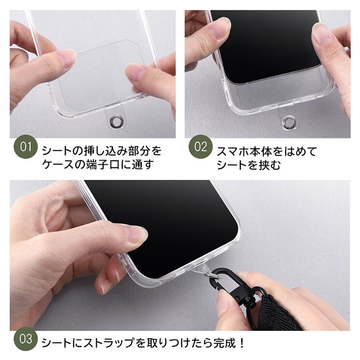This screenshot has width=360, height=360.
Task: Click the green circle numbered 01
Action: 26,146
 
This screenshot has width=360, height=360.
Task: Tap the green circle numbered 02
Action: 201,146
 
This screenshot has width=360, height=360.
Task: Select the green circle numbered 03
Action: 26,339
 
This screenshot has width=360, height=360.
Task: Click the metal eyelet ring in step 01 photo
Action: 116,121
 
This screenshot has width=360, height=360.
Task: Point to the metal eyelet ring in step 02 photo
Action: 289,122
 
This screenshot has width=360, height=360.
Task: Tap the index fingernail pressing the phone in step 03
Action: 137,234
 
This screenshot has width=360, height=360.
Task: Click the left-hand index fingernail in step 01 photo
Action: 67,58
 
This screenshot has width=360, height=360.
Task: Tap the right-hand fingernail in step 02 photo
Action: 321,34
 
